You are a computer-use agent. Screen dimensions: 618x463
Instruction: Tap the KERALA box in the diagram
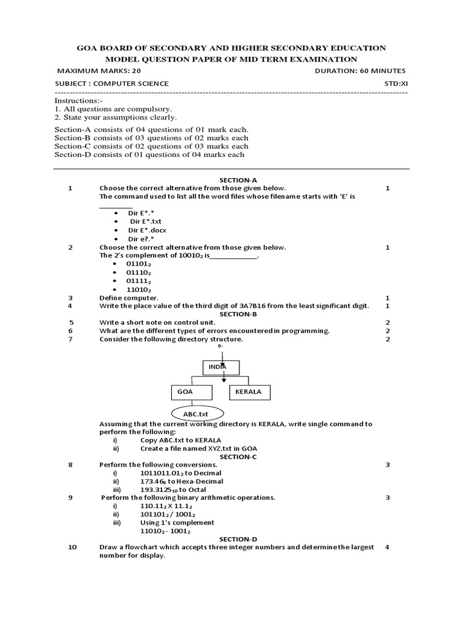250,392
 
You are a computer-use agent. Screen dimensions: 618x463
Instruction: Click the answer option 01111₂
138,281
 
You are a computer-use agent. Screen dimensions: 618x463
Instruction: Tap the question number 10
73,547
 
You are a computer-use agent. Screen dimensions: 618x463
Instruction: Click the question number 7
71,339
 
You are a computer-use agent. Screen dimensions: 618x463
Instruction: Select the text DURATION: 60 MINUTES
360,71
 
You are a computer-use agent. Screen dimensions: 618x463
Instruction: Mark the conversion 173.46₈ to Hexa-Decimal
181,481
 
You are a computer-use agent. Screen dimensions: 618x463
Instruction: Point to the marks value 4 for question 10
387,547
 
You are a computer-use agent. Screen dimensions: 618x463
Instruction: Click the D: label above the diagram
220,346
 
